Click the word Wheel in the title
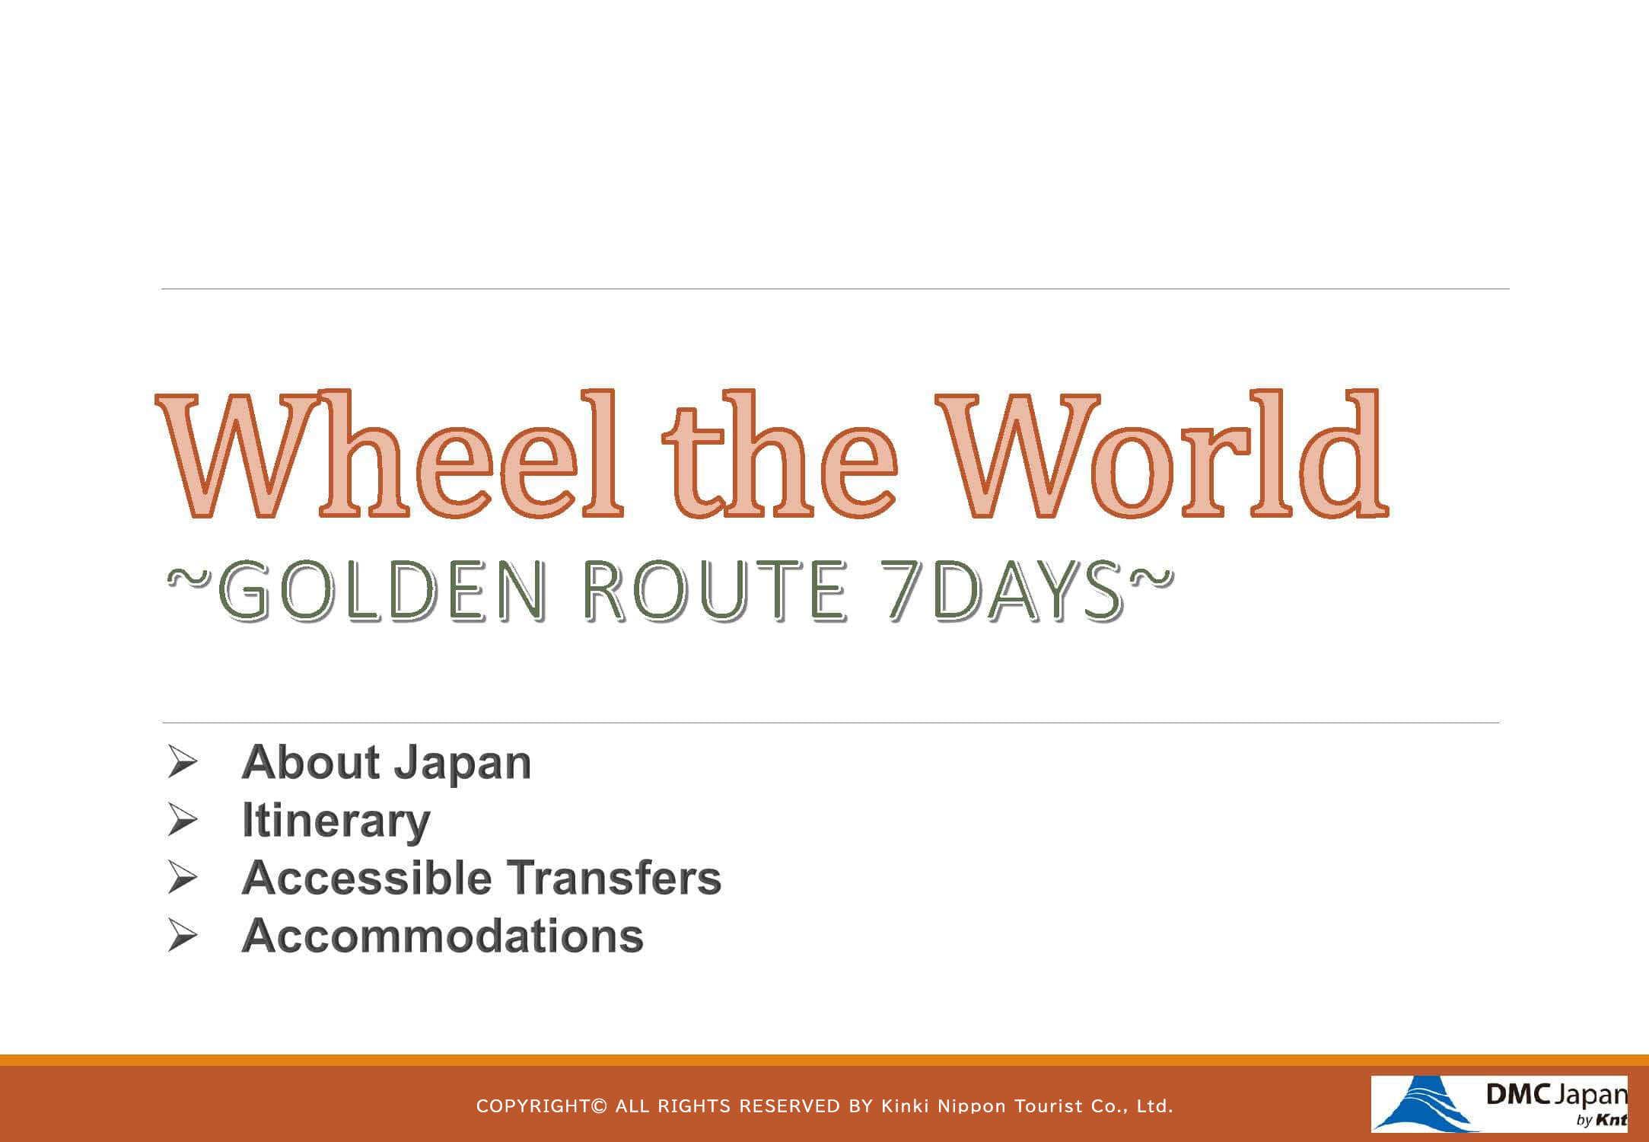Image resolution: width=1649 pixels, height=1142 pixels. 390,455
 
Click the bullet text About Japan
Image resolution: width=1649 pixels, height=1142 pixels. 386,763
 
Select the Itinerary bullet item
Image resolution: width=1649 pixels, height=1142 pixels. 336,821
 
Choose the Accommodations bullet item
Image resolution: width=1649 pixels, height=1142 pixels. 442,936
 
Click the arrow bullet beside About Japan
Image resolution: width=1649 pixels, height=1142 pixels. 183,763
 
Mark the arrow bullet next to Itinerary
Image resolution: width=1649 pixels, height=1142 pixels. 183,821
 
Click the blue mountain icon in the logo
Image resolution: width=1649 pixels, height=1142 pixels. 1420,1104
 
